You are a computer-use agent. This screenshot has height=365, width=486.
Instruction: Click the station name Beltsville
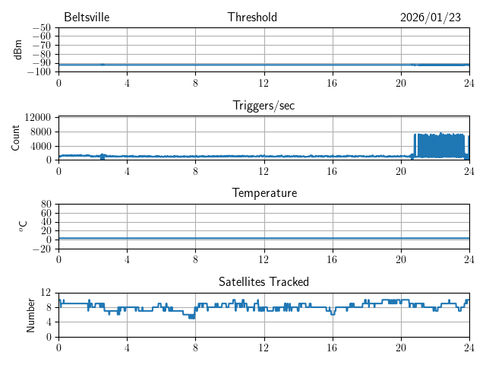(x=87, y=17)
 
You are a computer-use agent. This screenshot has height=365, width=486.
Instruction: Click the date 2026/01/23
(x=431, y=17)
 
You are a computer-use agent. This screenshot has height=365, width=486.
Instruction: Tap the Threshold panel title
(x=252, y=17)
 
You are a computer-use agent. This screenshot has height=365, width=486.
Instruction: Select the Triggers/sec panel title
(x=264, y=106)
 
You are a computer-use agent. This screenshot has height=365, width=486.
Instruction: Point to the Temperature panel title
(x=264, y=193)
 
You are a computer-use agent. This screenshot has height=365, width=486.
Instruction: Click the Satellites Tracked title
(x=264, y=281)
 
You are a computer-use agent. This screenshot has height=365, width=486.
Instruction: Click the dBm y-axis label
(x=18, y=49)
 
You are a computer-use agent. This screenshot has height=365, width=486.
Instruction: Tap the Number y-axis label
(x=30, y=314)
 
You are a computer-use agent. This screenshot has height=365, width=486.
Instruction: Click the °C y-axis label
(x=23, y=226)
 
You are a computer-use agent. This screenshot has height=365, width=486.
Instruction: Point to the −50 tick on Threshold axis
(x=41, y=28)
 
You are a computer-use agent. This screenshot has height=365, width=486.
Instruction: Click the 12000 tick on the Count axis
(x=37, y=117)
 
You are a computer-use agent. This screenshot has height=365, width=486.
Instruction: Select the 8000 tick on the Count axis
(x=40, y=131)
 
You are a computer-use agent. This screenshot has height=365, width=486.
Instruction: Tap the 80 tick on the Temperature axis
(x=46, y=205)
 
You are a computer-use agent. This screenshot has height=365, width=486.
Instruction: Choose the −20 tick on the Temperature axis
(x=41, y=249)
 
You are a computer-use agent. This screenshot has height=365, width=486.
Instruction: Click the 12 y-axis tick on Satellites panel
(x=46, y=293)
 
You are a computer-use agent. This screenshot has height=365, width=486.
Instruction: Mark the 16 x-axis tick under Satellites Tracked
(x=333, y=347)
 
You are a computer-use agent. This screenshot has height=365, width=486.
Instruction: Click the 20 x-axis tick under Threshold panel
(x=401, y=82)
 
